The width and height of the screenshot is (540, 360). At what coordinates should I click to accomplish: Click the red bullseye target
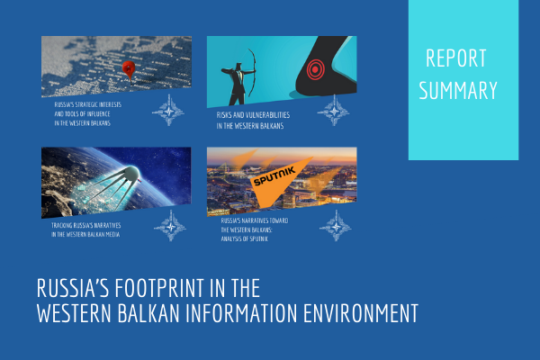click(315, 67)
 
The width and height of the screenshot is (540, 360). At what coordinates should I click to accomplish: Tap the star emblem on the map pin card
click(170, 112)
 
